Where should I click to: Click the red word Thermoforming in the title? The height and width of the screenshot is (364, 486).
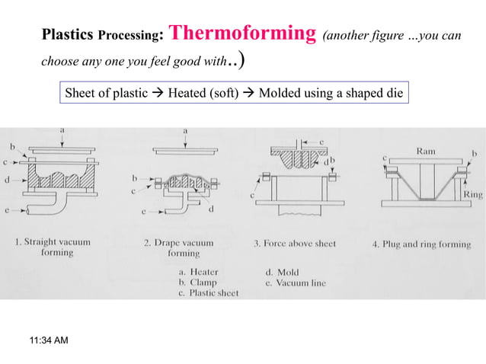[241, 34]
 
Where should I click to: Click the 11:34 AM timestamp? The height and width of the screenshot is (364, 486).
[47, 340]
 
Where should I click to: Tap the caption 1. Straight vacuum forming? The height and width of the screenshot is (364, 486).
[53, 247]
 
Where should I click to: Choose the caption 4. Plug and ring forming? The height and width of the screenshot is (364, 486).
[421, 244]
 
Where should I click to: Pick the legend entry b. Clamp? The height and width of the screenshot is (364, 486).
[195, 283]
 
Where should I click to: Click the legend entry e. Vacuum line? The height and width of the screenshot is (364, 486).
[296, 283]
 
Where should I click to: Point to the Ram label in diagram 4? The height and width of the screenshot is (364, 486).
[426, 152]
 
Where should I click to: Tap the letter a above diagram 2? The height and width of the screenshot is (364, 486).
[185, 130]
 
